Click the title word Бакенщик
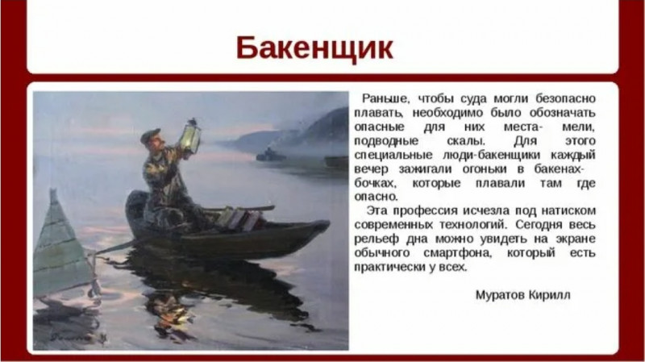314,48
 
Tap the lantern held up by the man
190,136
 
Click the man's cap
150,135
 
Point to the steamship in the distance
270,154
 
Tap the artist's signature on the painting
77,337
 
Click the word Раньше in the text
385,98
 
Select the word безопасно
566,98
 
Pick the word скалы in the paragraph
466,141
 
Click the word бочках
375,183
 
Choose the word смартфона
457,252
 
